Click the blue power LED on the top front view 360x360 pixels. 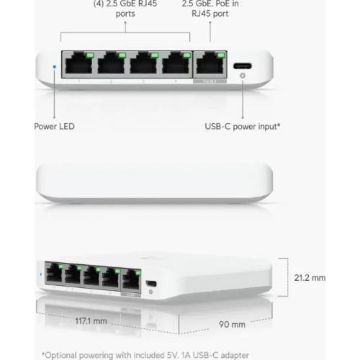click(55, 66)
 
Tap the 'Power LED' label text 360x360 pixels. click(54, 127)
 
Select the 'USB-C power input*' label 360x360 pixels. click(243, 127)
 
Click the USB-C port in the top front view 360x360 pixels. click(243, 66)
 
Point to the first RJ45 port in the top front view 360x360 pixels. click(79, 63)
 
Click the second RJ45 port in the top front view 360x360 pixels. click(112, 63)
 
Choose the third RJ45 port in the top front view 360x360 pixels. click(143, 63)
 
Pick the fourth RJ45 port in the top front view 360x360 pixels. click(176, 63)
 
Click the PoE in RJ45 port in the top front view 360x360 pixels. click(210, 63)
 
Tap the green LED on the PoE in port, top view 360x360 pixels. click(221, 55)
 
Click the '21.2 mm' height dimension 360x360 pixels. click(310, 278)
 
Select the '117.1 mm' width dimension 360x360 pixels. click(91, 321)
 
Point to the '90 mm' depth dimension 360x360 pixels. click(232, 325)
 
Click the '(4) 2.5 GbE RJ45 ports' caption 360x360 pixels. click(125, 9)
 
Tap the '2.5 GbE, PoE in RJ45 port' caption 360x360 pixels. click(210, 9)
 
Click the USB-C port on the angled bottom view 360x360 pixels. click(151, 284)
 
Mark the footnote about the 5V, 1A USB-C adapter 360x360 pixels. click(145, 355)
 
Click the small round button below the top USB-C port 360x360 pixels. click(243, 76)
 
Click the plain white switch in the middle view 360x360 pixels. click(155, 183)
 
